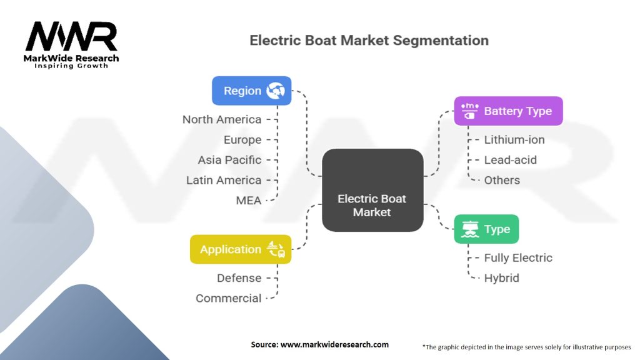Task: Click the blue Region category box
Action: [x=251, y=91]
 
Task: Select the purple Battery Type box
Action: [x=508, y=111]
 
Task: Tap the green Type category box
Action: [x=486, y=229]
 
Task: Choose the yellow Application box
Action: [x=241, y=249]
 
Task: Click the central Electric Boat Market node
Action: [x=372, y=190]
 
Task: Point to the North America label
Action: [x=222, y=119]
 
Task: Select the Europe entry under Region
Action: [x=242, y=140]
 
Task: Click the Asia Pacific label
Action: [x=229, y=160]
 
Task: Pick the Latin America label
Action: [x=224, y=181]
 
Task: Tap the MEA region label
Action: [x=249, y=201]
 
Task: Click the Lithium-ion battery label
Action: [x=514, y=140]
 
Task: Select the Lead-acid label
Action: [x=510, y=160]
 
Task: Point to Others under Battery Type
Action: [x=502, y=181]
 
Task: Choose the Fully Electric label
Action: [x=518, y=258]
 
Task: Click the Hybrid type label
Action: [x=502, y=278]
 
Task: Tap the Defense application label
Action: [x=239, y=278]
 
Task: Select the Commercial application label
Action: [x=229, y=298]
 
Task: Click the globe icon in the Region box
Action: [x=276, y=91]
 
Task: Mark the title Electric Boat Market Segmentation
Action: [x=369, y=41]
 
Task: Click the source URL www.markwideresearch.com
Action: [x=334, y=344]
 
